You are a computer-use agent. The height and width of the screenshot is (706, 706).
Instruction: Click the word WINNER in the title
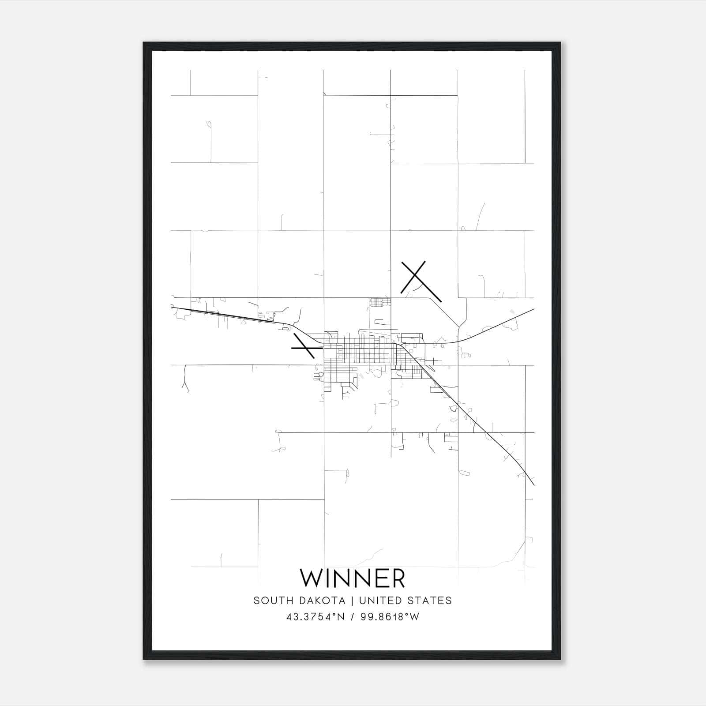[352, 578]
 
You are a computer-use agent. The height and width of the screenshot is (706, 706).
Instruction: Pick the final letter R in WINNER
[398, 578]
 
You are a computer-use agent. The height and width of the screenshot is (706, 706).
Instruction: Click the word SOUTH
[270, 601]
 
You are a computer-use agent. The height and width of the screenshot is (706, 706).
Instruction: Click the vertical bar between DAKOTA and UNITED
[354, 601]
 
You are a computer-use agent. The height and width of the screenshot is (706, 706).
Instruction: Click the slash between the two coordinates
[353, 617]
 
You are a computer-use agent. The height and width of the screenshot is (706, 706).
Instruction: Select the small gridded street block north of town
[380, 302]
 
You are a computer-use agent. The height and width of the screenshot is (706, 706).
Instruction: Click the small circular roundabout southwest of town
[321, 374]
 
